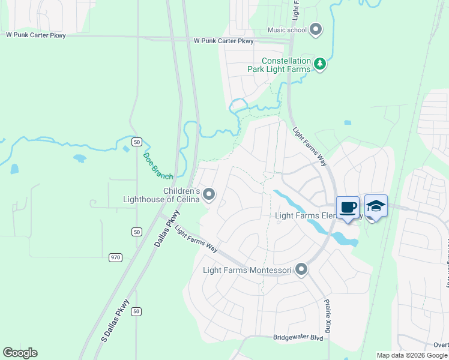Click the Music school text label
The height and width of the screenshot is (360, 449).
point(287,30)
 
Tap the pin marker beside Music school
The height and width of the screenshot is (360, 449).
point(316,29)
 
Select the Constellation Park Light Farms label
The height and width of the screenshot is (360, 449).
point(286,65)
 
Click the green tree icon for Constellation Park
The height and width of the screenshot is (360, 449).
point(321,64)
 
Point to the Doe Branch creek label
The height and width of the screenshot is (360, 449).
point(158,166)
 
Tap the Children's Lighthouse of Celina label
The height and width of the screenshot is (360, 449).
point(161,195)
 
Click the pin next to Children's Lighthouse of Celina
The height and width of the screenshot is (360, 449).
point(209,194)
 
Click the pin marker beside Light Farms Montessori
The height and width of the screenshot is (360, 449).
point(301,270)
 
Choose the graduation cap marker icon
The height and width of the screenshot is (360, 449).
point(376,206)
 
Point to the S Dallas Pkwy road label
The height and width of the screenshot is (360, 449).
point(115,320)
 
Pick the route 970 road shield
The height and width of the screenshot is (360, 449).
point(116,257)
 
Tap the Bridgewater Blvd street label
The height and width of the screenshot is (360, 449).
point(298,338)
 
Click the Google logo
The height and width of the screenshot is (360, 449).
point(20,353)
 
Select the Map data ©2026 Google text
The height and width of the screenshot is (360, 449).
point(412,355)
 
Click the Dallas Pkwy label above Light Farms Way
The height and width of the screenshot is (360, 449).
point(168,229)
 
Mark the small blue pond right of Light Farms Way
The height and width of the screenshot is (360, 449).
point(348,122)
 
